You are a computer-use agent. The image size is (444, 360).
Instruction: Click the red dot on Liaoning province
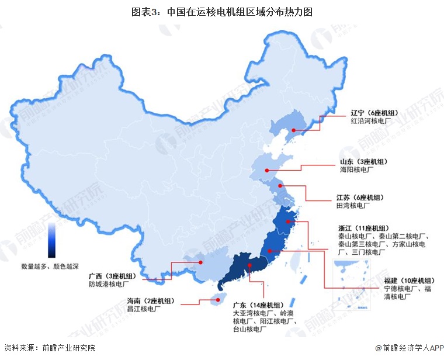point(294,129)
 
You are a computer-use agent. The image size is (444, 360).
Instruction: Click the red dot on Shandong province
point(266,171)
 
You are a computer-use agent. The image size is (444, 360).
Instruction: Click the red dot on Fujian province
point(270,251)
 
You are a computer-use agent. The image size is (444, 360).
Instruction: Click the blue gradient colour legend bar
point(51,240)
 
